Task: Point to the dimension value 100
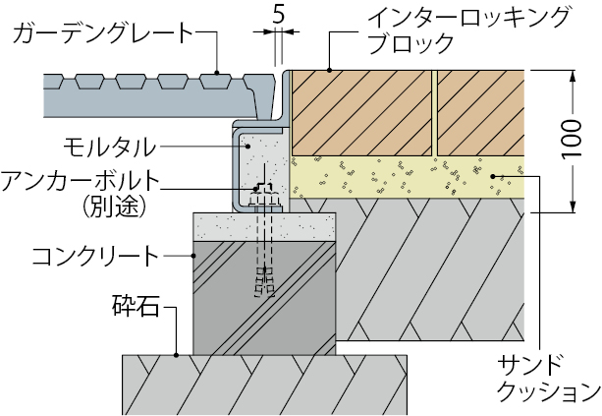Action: point(586,140)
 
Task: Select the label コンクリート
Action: point(94,255)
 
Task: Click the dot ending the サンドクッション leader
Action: point(492,174)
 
